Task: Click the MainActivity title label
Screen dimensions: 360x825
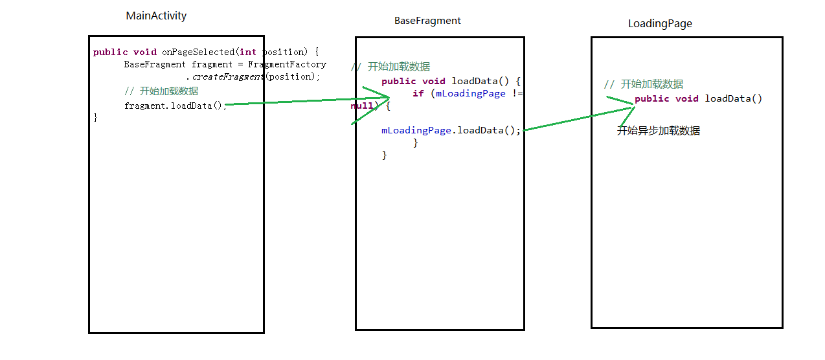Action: pyautogui.click(x=156, y=16)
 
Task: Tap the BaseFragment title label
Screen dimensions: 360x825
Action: pyautogui.click(x=427, y=21)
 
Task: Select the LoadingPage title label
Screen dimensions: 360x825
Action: pyautogui.click(x=660, y=24)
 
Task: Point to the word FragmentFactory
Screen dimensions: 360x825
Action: pyautogui.click(x=287, y=64)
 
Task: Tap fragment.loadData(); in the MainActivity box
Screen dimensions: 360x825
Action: pyautogui.click(x=175, y=106)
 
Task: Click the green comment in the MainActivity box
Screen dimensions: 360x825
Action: pyautogui.click(x=161, y=91)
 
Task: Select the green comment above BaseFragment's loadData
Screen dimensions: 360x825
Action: pyautogui.click(x=390, y=67)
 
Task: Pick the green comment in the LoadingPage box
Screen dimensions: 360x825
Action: pyautogui.click(x=643, y=84)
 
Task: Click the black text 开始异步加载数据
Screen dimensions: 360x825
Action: pyautogui.click(x=658, y=131)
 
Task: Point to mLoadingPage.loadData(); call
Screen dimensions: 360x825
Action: pyautogui.click(x=451, y=130)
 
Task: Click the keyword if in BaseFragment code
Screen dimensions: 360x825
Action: pyautogui.click(x=418, y=93)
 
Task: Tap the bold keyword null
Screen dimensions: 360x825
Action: pyautogui.click(x=361, y=106)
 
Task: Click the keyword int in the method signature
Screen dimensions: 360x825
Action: pyautogui.click(x=247, y=52)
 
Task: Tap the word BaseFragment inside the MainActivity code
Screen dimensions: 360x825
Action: pyautogui.click(x=155, y=64)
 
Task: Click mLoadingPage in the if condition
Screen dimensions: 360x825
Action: pyautogui.click(x=470, y=93)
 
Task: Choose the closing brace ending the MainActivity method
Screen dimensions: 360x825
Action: pyautogui.click(x=96, y=117)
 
